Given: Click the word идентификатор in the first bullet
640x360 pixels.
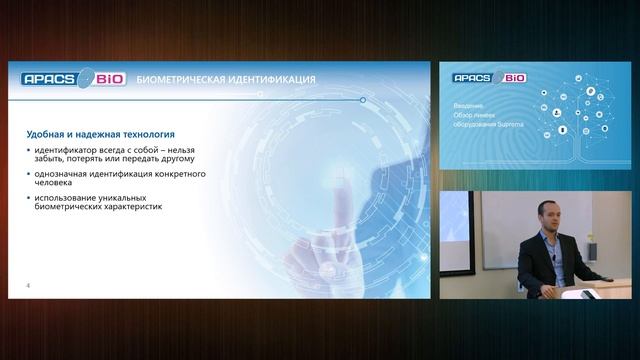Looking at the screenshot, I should [x=66, y=150].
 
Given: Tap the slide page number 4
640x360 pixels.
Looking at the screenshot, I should [x=28, y=287].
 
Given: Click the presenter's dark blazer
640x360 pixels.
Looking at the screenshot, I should [x=545, y=265].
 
